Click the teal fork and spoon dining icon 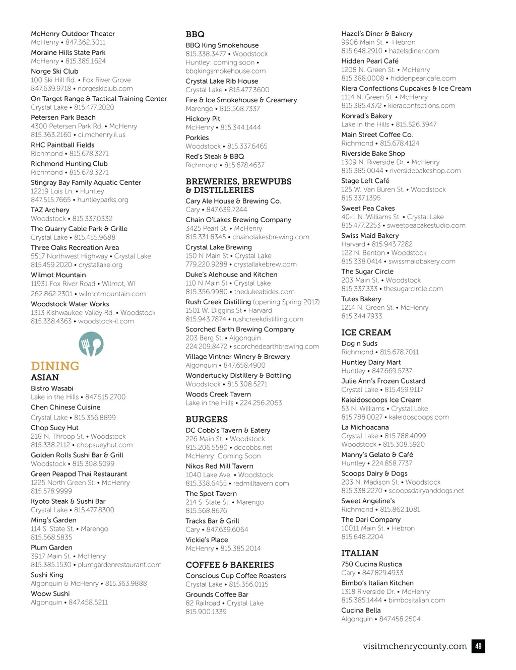click(x=91, y=345)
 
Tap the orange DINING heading click(x=55, y=366)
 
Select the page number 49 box click(x=478, y=646)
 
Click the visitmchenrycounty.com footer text click(x=415, y=646)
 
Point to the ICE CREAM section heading click(x=366, y=332)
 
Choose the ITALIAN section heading click(x=359, y=553)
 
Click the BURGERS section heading click(x=207, y=419)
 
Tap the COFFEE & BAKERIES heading click(x=230, y=565)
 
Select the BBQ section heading click(x=195, y=34)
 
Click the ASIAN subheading click(x=45, y=377)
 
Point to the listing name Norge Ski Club click(x=54, y=72)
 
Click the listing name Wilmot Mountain click(x=58, y=275)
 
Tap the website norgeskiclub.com click(x=105, y=89)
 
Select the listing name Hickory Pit click(x=203, y=119)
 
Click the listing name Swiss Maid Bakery click(x=370, y=236)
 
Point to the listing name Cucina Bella click(x=361, y=611)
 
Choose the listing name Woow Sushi click(x=50, y=594)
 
